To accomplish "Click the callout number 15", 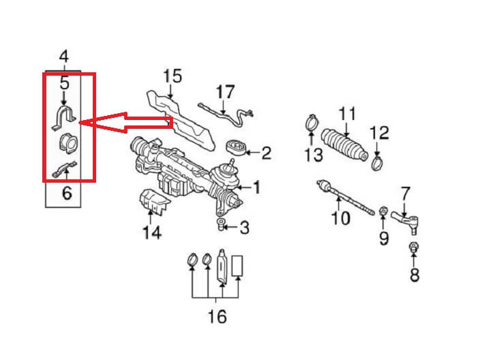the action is (172, 76).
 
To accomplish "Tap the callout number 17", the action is (225, 92).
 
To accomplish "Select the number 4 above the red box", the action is (63, 57).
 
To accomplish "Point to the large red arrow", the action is (126, 123).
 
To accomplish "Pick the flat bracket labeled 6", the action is (65, 169).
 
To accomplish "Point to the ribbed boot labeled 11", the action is (344, 145).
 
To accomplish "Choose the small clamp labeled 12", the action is (377, 162).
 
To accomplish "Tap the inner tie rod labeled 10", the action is (345, 198).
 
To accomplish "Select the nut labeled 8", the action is (414, 247).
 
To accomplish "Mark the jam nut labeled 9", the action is (382, 211).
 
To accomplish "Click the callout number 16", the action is (217, 316).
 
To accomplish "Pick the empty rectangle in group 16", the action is (237, 266).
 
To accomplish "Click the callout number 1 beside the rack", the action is (256, 187).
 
